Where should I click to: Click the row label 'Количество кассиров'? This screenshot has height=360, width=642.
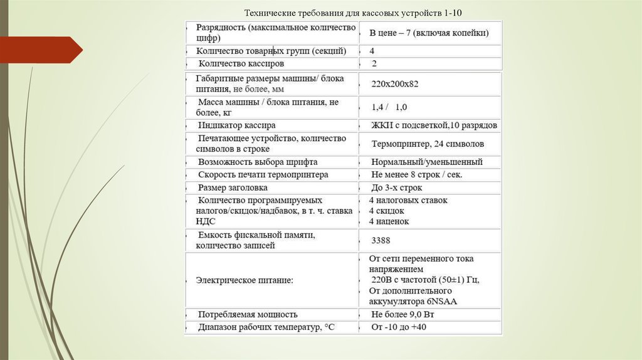(x=241, y=63)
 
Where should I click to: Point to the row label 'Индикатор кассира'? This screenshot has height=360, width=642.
(x=236, y=125)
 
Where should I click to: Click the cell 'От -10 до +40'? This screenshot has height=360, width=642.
(x=399, y=327)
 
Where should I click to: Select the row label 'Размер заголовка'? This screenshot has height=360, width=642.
(x=233, y=188)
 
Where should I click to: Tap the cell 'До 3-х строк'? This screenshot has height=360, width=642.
(x=396, y=188)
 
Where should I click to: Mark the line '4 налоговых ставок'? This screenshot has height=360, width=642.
(x=408, y=201)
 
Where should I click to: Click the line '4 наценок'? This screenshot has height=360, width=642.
(x=389, y=221)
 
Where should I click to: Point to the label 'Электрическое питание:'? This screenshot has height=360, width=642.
(x=245, y=280)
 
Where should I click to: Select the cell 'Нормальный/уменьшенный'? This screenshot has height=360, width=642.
(x=426, y=162)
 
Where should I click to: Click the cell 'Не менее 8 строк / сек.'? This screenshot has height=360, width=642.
(x=416, y=174)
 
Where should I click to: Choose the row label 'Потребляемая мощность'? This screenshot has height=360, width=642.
(x=248, y=314)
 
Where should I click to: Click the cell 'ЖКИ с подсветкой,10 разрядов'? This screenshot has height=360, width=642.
(x=434, y=125)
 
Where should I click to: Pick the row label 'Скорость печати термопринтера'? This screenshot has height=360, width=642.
(x=263, y=174)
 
